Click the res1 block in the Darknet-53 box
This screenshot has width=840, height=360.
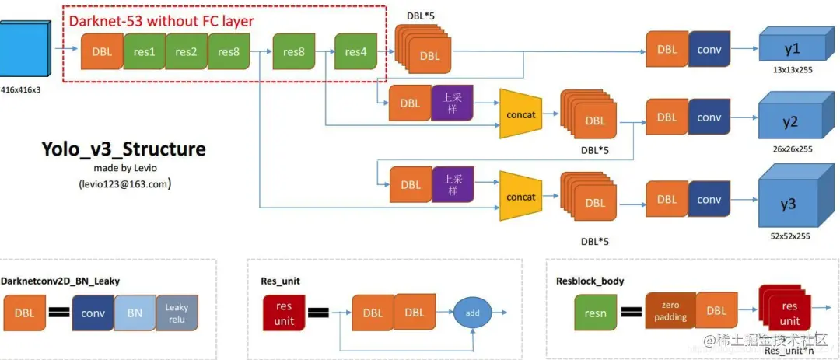144,52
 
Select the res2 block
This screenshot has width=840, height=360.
186,52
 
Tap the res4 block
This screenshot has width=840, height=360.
355,52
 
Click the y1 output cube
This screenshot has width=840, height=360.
792,48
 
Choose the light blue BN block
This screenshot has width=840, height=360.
135,314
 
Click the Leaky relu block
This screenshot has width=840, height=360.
177,313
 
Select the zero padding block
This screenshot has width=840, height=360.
670,311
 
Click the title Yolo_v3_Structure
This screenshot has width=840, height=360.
124,149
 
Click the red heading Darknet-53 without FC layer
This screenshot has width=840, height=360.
162,21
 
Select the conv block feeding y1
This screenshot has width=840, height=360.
709,49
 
